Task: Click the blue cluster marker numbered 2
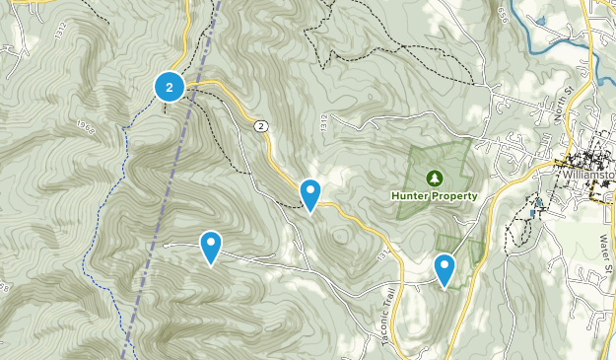pyautogui.click(x=170, y=88)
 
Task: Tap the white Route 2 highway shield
pyautogui.click(x=260, y=125)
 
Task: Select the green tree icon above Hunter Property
pyautogui.click(x=433, y=178)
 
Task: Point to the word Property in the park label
pyautogui.click(x=454, y=195)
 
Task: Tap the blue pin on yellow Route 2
pyautogui.click(x=310, y=193)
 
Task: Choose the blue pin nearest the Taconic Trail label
pyautogui.click(x=445, y=268)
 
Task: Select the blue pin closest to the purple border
pyautogui.click(x=211, y=246)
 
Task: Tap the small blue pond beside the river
pyautogui.click(x=538, y=19)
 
